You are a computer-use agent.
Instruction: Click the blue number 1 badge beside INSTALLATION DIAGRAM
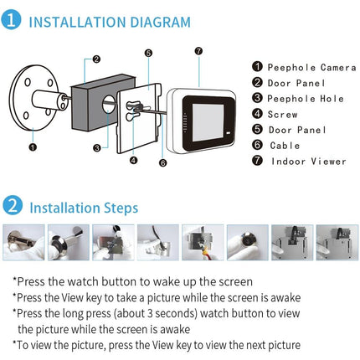coord(13,21)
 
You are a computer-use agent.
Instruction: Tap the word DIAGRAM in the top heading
coord(155,22)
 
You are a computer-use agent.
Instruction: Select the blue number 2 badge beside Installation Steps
coord(13,206)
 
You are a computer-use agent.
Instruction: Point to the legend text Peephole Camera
coord(304,67)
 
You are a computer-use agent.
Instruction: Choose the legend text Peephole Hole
coord(299,99)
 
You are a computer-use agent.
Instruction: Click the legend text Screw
coord(283,114)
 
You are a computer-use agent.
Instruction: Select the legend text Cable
coord(283,146)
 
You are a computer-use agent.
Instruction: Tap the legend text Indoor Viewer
coord(307,162)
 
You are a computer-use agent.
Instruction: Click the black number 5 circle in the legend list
coord(259,130)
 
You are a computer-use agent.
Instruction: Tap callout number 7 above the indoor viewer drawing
coord(198,51)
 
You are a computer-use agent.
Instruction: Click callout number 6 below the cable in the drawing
coord(162,162)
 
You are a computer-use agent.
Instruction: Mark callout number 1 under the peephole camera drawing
coord(32,147)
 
